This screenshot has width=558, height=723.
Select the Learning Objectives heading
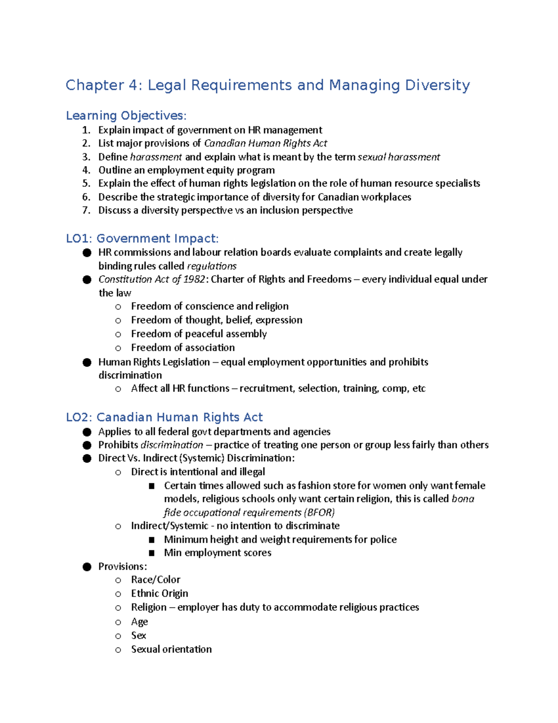(x=126, y=115)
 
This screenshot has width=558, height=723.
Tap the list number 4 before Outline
(x=86, y=170)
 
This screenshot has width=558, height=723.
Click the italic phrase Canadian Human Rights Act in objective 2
(x=266, y=143)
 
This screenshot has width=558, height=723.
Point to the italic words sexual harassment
(x=399, y=157)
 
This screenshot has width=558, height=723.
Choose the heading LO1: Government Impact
(x=142, y=238)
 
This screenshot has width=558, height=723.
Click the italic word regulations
(x=212, y=266)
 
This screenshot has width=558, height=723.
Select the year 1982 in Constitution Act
(x=194, y=279)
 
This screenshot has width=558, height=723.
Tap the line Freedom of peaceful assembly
(x=199, y=334)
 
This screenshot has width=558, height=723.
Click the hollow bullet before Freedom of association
(x=118, y=348)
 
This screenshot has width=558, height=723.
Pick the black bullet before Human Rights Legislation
(x=87, y=362)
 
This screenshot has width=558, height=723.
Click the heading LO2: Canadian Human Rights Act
(x=164, y=417)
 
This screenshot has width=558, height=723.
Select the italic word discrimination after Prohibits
(x=172, y=445)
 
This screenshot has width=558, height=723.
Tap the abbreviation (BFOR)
(x=319, y=513)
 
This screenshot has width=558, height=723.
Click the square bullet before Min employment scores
(x=151, y=553)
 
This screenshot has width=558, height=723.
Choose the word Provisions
(x=122, y=567)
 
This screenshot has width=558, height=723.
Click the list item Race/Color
(x=155, y=580)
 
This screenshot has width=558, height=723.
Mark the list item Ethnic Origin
(x=159, y=594)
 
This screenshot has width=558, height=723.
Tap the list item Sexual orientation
(x=171, y=649)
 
